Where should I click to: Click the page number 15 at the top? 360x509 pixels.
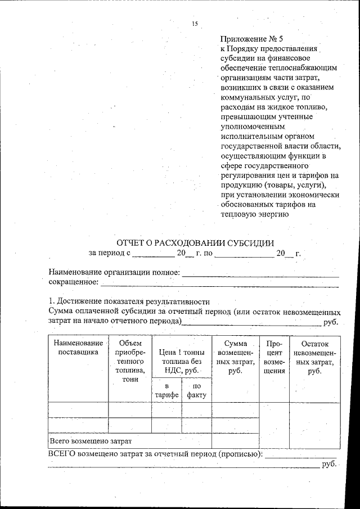195,23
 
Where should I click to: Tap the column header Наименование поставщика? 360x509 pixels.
78,348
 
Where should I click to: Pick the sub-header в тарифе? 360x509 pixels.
166,390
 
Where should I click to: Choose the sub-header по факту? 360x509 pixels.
196,390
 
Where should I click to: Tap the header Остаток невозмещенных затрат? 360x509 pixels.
315,357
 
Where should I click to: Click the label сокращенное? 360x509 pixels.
73,281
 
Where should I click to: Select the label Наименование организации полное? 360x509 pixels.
114,272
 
